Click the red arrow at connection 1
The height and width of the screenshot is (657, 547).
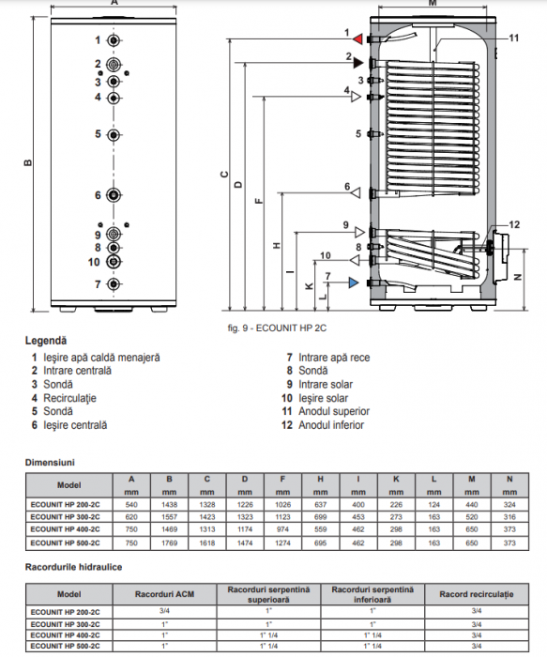tap(357, 38)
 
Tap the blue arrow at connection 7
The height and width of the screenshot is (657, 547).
tap(352, 282)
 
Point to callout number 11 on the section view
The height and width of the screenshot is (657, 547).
tap(513, 38)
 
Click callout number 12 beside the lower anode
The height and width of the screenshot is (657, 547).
tap(513, 223)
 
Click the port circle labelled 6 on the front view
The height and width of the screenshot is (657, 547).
tap(114, 195)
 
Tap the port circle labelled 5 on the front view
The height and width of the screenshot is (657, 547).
tap(114, 134)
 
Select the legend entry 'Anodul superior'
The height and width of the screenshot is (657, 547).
tap(333, 411)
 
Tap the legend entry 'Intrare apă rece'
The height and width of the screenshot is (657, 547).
tap(333, 358)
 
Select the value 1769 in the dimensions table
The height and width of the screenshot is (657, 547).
tap(170, 542)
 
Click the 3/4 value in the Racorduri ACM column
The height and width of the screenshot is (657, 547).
tap(165, 612)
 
